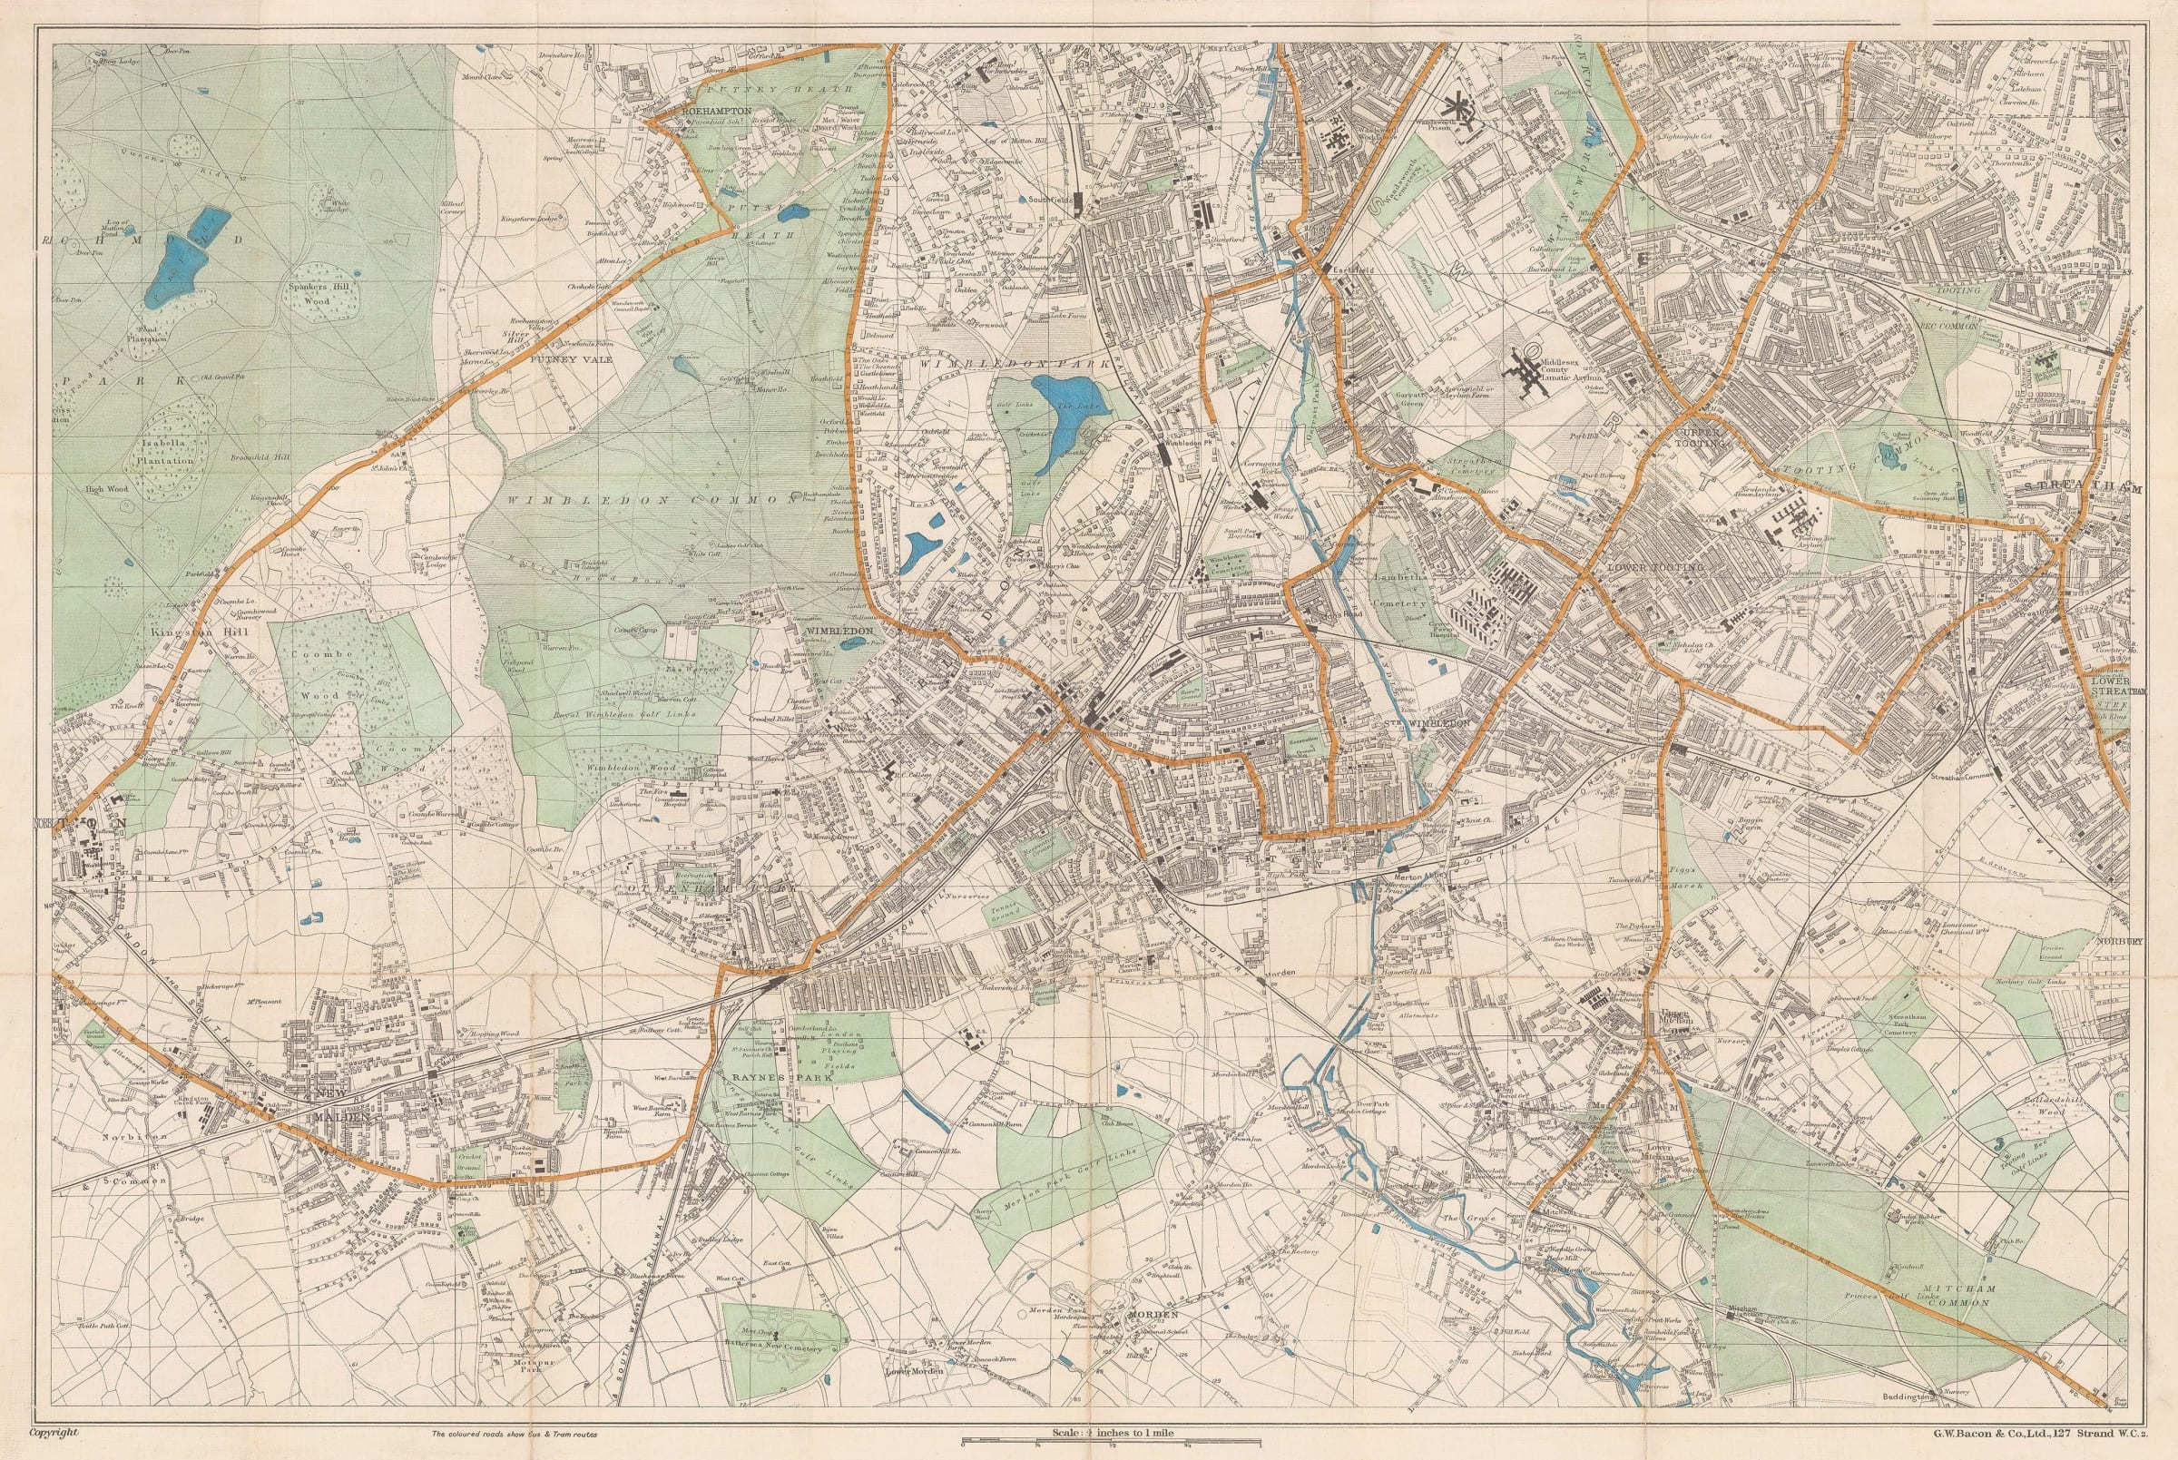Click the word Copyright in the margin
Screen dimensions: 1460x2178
[53, 1434]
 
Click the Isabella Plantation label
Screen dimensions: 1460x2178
[169, 453]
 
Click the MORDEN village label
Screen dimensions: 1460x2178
[1153, 1314]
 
